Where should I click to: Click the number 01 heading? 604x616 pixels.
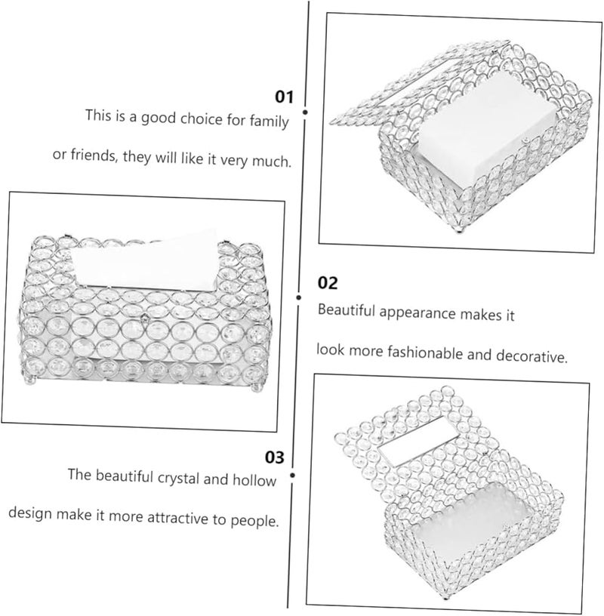[x=284, y=97]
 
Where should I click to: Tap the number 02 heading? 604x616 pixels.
[x=328, y=283]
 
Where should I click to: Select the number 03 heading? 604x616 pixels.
[x=274, y=457]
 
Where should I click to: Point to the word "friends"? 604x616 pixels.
[x=94, y=156]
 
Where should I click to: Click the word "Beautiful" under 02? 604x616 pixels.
[x=347, y=310]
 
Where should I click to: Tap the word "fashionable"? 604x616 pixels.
[x=425, y=353]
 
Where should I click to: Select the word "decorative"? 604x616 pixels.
[x=532, y=356]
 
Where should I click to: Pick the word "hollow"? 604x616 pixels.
[x=254, y=480]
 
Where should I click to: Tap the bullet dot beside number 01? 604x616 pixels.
[x=305, y=112]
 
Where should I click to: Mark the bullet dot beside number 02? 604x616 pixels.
[x=299, y=297]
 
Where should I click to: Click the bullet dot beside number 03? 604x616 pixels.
[x=292, y=476]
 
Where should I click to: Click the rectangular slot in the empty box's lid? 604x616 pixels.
[x=418, y=442]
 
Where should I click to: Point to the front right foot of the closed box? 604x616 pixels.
[x=256, y=387]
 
